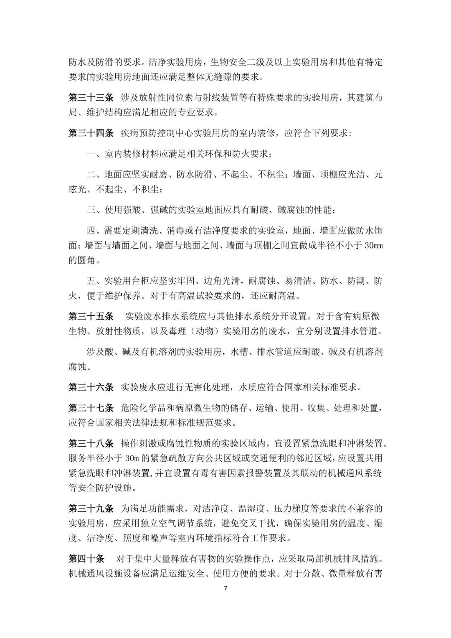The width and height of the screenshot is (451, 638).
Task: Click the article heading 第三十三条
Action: pyautogui.click(x=91, y=98)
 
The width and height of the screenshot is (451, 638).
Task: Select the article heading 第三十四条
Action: pyautogui.click(x=91, y=133)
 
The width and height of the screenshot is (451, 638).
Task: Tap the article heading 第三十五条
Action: pyautogui.click(x=91, y=316)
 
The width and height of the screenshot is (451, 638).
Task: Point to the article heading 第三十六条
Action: pyautogui.click(x=91, y=387)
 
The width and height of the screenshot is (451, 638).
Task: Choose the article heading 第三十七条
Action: pyautogui.click(x=91, y=407)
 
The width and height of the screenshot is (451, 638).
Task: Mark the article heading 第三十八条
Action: pyautogui.click(x=91, y=443)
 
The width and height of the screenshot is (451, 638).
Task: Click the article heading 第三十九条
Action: pyautogui.click(x=91, y=508)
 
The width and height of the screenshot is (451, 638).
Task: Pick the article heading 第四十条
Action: pyautogui.click(x=86, y=559)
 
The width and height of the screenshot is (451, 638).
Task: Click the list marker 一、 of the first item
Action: pyautogui.click(x=95, y=154)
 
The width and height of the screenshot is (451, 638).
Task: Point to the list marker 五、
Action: pyautogui.click(x=95, y=281)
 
